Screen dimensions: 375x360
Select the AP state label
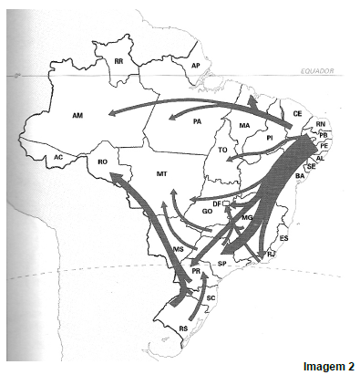click(x=195, y=66)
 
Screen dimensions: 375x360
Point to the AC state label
click(x=57, y=157)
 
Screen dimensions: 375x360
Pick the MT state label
click(x=161, y=172)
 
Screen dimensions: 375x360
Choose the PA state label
click(x=197, y=120)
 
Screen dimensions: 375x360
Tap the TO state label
click(x=224, y=150)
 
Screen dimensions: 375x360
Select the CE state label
click(x=297, y=113)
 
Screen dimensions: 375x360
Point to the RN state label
click(x=320, y=124)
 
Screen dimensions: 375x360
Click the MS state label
click(x=179, y=248)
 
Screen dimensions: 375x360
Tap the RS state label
click(x=183, y=328)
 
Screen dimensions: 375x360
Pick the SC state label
click(x=211, y=298)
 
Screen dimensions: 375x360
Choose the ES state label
click(x=283, y=238)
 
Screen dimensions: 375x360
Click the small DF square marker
click(x=229, y=203)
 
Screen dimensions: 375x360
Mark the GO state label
click(x=207, y=211)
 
